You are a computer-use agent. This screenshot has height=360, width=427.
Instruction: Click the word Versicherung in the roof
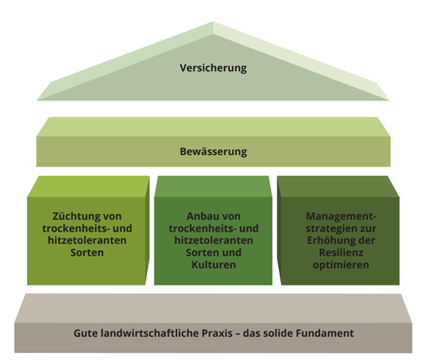pyautogui.click(x=213, y=68)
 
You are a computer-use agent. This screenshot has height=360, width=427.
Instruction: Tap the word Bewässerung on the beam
pyautogui.click(x=213, y=151)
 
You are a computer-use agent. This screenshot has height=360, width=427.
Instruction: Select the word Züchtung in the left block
pyautogui.click(x=72, y=216)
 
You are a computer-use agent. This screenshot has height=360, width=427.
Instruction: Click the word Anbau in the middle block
pyautogui.click(x=200, y=216)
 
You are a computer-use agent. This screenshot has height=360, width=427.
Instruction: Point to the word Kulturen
pyautogui.click(x=214, y=265)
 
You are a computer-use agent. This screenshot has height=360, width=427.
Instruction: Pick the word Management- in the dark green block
pyautogui.click(x=341, y=216)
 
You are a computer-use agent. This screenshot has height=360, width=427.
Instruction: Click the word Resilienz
pyautogui.click(x=341, y=253)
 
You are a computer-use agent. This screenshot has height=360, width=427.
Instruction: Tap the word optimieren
pyautogui.click(x=341, y=265)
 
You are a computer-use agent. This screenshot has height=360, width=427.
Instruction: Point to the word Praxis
pyautogui.click(x=217, y=333)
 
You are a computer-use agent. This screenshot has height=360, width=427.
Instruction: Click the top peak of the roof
pyautogui.click(x=213, y=21)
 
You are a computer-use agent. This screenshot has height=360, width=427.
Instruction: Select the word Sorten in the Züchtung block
pyautogui.click(x=87, y=253)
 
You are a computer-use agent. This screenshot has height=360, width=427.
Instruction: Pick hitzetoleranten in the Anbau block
pyautogui.click(x=214, y=240)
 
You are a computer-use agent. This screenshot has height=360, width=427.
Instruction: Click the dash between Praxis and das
pyautogui.click(x=238, y=334)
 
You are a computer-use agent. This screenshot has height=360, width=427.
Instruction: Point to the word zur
pyautogui.click(x=369, y=228)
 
